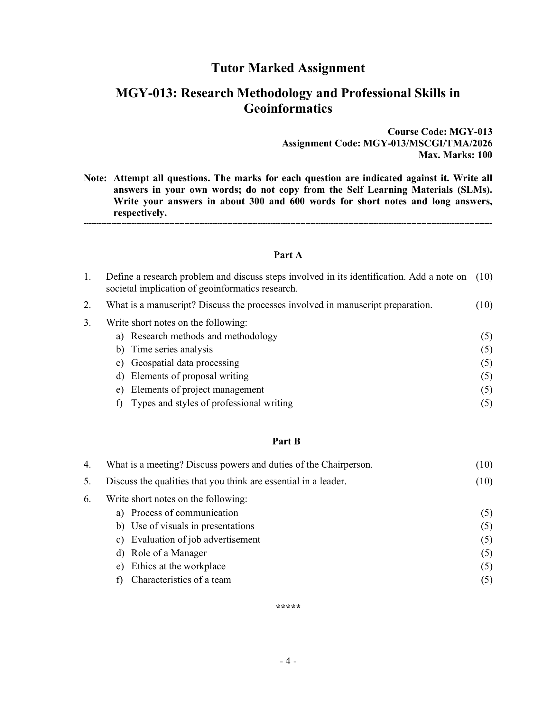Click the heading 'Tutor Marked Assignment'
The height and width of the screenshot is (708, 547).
[x=288, y=68]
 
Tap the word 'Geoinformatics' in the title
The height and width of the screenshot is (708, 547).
[x=288, y=108]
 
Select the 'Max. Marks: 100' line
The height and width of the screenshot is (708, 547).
[x=455, y=155]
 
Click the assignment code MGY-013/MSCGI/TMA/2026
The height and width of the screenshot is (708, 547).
[x=427, y=143]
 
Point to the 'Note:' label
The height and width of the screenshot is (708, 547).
[x=95, y=178]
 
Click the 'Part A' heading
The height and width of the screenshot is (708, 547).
[x=288, y=255]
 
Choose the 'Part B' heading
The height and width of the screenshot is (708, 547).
[x=286, y=441]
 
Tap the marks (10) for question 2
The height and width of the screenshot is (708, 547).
[x=484, y=305]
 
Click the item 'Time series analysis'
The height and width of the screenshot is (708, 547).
[x=172, y=349]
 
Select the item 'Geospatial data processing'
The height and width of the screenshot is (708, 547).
[x=185, y=363]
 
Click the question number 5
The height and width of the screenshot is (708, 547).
[x=87, y=481]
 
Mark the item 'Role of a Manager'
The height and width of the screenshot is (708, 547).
[x=169, y=553]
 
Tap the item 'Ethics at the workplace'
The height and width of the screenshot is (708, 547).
[x=178, y=566]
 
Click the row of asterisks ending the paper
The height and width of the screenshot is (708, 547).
[x=288, y=607]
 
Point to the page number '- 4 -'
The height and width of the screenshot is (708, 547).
[x=288, y=661]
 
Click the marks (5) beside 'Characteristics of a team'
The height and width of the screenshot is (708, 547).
[x=487, y=580]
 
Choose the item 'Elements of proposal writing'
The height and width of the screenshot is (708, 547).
[x=190, y=376]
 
